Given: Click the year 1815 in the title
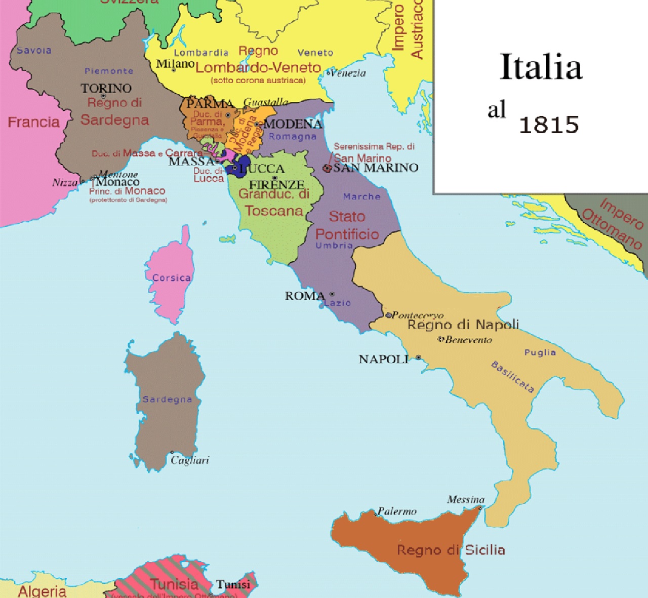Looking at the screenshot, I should tap(549, 125).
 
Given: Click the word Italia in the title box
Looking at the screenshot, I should tap(541, 67).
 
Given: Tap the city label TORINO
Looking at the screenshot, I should tap(106, 88).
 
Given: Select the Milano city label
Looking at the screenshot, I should tap(175, 64).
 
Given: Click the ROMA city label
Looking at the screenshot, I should tap(305, 296).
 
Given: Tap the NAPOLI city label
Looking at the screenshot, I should tap(383, 359).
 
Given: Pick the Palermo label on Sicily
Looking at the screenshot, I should tap(397, 511).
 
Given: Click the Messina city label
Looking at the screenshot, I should tap(466, 500).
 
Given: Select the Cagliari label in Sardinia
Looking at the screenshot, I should tap(190, 460).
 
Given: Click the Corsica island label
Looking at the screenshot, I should tap(172, 278).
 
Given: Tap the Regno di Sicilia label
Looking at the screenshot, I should tap(451, 550).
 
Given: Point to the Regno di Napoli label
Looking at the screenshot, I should tap(463, 325).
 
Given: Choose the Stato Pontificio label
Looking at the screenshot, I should tap(347, 225).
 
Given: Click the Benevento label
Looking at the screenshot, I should tap(468, 340).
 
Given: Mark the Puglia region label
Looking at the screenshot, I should tap(540, 352).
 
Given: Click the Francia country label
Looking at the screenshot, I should tap(33, 122).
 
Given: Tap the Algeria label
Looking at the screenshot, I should tap(42, 591).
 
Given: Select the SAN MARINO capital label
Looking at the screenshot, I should tap(376, 168).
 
